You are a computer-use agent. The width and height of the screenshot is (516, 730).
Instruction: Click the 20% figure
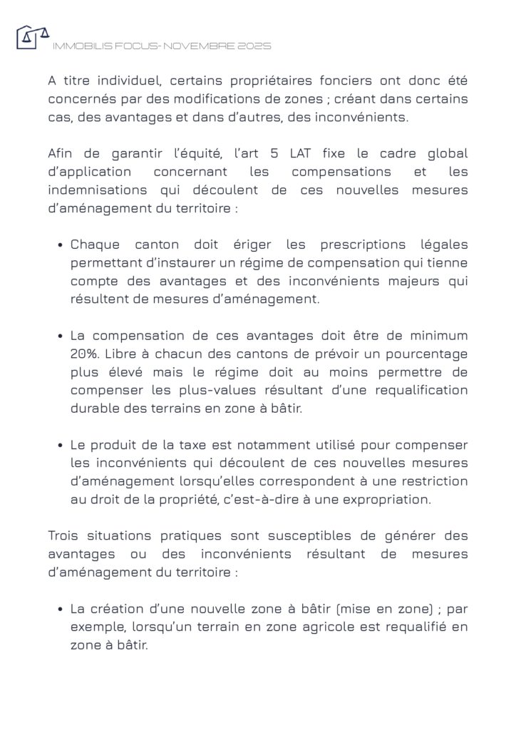(x=84, y=354)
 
